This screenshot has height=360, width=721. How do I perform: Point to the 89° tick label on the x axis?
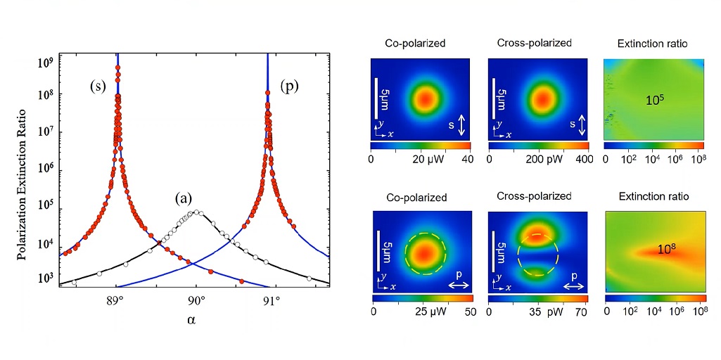pyautogui.click(x=115, y=302)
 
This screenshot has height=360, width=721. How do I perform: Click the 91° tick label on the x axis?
pyautogui.click(x=271, y=302)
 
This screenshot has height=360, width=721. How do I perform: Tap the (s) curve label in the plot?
pyautogui.click(x=98, y=86)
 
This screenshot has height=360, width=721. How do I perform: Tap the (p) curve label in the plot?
pyautogui.click(x=289, y=86)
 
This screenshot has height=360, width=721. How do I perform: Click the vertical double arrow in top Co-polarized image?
pyautogui.click(x=461, y=126)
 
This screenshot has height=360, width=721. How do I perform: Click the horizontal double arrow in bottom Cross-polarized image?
pyautogui.click(x=574, y=286)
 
